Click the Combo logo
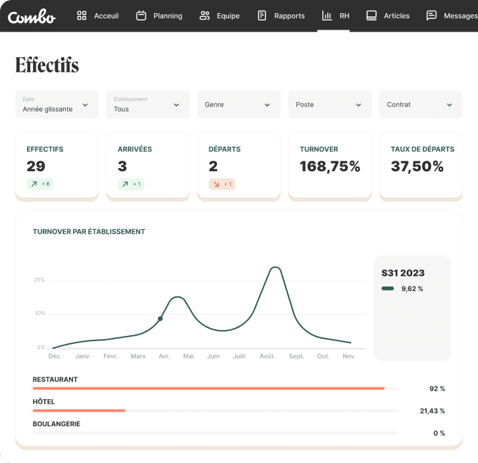point(32,16)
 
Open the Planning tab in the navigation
point(159,16)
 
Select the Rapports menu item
point(281,16)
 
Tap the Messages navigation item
point(452,16)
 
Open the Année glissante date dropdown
point(57,105)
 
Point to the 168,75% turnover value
point(330,167)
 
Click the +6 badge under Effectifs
point(40,184)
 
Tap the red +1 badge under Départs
point(222,184)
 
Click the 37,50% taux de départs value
point(417,167)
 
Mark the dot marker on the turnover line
point(160,319)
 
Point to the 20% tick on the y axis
point(40,280)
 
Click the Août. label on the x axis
point(267,356)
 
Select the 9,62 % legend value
point(412,288)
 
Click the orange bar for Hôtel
point(79,410)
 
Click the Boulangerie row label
point(57,424)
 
